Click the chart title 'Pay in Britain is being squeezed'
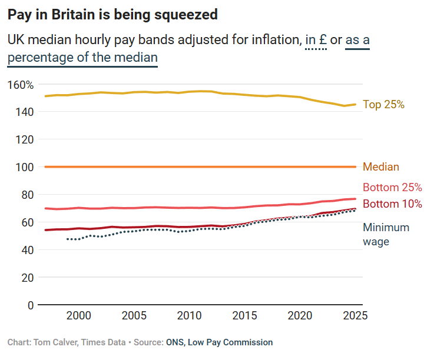(112, 15)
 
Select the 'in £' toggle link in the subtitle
(316, 41)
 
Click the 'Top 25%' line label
(383, 104)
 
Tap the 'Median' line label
(380, 167)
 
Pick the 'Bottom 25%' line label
(392, 188)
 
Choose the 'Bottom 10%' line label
(392, 204)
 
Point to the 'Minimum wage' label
(386, 234)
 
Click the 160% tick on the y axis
(21, 85)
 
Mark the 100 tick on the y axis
(24, 167)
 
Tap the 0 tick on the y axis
(30, 305)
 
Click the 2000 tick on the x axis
(78, 316)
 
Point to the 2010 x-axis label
(189, 316)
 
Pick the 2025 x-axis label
(355, 316)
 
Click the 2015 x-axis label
(244, 316)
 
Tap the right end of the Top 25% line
(355, 104)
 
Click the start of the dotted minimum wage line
(67, 239)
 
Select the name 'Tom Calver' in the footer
(55, 342)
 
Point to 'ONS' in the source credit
(175, 342)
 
